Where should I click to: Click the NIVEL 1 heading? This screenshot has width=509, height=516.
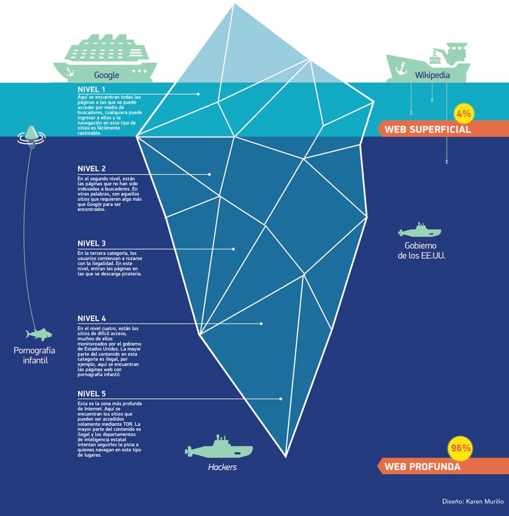click(x=91, y=90)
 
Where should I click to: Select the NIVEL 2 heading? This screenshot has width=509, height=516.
click(x=91, y=169)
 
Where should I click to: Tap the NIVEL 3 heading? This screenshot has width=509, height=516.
click(x=91, y=244)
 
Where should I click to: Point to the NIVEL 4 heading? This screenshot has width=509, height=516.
click(x=91, y=319)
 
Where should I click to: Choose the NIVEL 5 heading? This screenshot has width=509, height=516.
click(x=91, y=394)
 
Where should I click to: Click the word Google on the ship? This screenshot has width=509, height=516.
click(x=106, y=75)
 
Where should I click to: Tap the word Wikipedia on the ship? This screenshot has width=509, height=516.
click(x=432, y=75)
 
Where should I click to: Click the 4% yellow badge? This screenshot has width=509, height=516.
click(x=463, y=114)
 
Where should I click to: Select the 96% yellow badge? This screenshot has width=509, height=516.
click(x=460, y=448)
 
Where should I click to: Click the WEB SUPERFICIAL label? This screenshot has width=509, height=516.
click(x=427, y=130)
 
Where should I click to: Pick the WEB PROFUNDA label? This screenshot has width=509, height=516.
click(x=422, y=466)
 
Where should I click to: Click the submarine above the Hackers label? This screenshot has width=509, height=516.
click(x=219, y=449)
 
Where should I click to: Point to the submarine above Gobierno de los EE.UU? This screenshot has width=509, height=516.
click(x=419, y=231)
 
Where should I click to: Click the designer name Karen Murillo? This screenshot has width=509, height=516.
click(x=485, y=502)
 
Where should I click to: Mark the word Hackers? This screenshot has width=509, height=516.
click(x=222, y=467)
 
